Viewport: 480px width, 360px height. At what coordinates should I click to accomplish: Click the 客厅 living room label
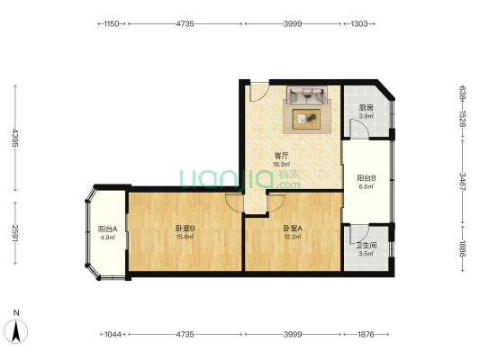pyautogui.click(x=281, y=156)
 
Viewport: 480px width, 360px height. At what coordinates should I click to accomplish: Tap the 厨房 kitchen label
pyautogui.click(x=367, y=108)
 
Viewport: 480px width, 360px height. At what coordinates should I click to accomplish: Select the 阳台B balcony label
pyautogui.click(x=367, y=178)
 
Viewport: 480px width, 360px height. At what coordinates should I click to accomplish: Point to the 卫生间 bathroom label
pyautogui.click(x=367, y=246)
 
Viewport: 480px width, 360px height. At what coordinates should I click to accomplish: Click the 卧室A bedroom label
pyautogui.click(x=293, y=229)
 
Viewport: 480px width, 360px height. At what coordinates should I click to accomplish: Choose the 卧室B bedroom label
pyautogui.click(x=186, y=229)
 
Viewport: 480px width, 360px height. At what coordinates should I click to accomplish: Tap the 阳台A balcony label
pyautogui.click(x=107, y=229)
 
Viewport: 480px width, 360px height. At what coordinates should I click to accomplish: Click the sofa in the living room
pyautogui.click(x=307, y=94)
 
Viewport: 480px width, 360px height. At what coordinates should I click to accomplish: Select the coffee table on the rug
pyautogui.click(x=306, y=119)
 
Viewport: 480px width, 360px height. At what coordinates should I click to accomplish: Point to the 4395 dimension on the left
pyautogui.click(x=15, y=138)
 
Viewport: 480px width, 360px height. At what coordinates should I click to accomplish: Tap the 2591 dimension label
pyautogui.click(x=15, y=233)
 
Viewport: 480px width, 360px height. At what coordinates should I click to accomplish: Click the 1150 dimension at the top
pyautogui.click(x=112, y=23)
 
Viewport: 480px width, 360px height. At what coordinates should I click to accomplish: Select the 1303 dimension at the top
pyautogui.click(x=359, y=23)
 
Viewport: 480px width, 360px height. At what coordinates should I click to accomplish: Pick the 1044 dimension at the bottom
pyautogui.click(x=113, y=334)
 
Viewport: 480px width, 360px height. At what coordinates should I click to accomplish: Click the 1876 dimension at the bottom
pyautogui.click(x=367, y=334)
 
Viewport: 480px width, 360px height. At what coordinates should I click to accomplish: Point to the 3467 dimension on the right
pyautogui.click(x=463, y=182)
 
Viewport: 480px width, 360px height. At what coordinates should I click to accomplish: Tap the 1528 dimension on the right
pyautogui.click(x=463, y=120)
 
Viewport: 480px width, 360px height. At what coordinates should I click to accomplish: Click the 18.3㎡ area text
pyautogui.click(x=281, y=164)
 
